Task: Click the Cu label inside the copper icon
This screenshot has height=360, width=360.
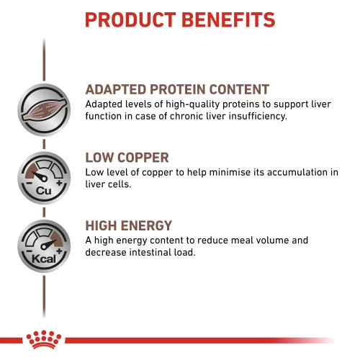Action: [x=42, y=189]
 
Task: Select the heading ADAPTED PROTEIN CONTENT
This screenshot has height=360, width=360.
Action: [x=177, y=90]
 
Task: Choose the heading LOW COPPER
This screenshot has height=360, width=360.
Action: [x=127, y=158]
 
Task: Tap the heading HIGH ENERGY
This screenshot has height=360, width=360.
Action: [x=129, y=225]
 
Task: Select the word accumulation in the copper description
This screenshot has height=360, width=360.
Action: [x=292, y=172]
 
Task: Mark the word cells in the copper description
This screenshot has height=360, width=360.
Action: [x=118, y=184]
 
